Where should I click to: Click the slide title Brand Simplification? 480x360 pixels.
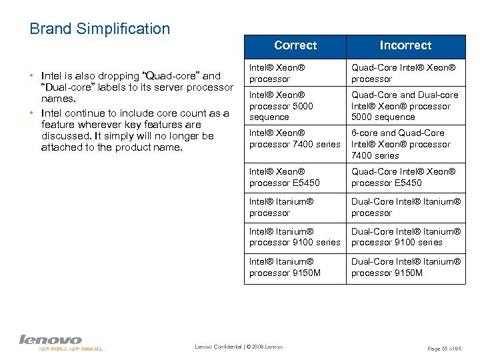(100, 29)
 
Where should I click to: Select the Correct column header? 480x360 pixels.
(295, 45)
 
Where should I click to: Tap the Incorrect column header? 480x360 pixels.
(405, 45)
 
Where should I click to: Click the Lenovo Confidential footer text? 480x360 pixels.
(239, 347)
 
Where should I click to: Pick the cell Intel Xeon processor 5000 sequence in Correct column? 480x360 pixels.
(295, 106)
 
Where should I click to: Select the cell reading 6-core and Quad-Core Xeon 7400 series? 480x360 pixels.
(405, 144)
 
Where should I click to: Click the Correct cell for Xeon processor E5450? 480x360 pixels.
(295, 177)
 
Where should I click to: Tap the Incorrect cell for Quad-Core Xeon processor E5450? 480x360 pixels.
(405, 177)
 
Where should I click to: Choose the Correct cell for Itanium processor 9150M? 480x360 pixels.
(295, 267)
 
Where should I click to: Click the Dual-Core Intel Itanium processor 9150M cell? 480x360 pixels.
(405, 267)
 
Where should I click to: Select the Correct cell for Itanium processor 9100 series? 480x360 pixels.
(295, 237)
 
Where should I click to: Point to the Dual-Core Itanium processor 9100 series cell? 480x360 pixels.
(405, 237)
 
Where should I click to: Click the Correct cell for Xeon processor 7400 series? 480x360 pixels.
(295, 139)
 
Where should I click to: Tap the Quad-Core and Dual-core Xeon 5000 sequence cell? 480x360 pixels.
(405, 106)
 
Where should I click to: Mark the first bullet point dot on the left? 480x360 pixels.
(33, 76)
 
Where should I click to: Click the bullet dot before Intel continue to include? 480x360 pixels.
(33, 113)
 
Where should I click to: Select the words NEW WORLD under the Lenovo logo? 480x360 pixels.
(53, 349)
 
